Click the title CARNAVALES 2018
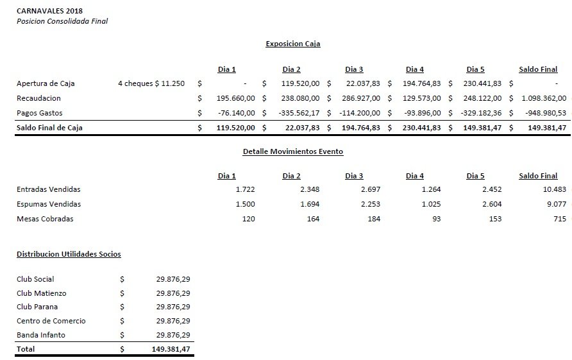49,11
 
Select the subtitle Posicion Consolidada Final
62,21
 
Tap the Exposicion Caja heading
292,44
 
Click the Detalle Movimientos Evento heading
292,152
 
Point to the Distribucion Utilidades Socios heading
69,254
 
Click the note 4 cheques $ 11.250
151,83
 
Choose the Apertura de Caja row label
46,83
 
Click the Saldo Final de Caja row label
49,128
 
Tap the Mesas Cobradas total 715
560,219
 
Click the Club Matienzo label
42,293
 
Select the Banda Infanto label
41,335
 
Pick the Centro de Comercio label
51,321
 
